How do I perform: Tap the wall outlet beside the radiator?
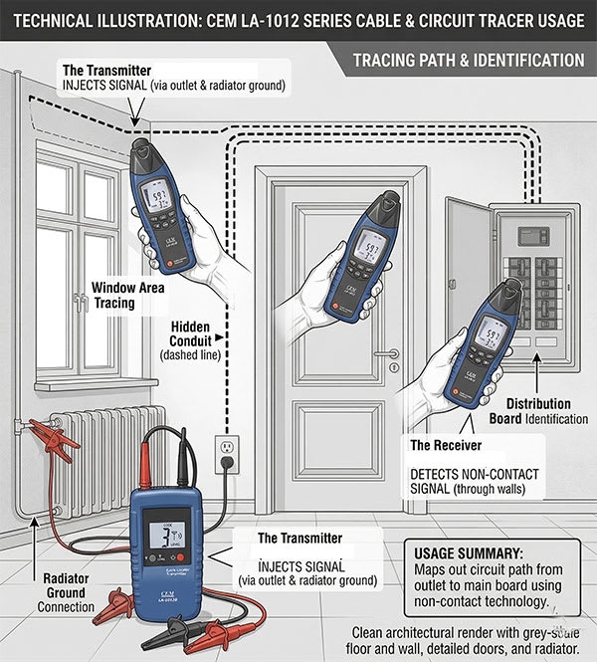point(228,452)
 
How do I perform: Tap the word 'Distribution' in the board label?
point(537,404)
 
